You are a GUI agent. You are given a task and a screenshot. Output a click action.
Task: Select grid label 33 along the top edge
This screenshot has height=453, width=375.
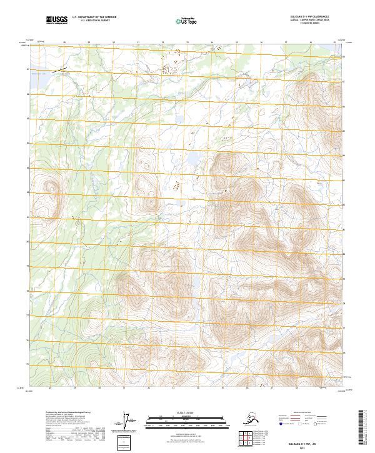point(187,43)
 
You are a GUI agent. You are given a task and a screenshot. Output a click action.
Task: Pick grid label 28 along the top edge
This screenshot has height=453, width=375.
point(64,43)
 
